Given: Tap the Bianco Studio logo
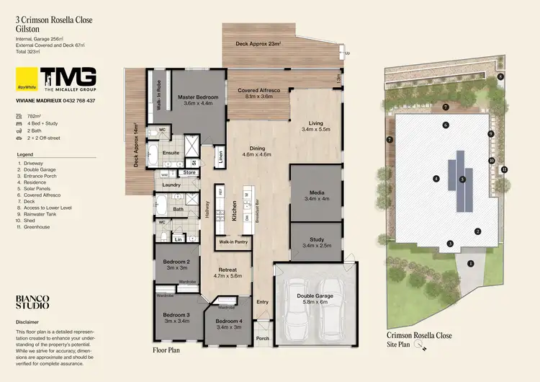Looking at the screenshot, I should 32,301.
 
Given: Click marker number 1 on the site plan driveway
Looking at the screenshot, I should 470,263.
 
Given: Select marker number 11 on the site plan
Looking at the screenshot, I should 504,169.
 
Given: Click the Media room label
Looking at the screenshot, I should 316,194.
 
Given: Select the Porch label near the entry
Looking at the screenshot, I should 262,338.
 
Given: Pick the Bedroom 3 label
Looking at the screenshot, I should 176,315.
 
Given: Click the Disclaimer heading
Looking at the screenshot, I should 29,322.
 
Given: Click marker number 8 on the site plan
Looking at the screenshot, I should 500,76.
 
